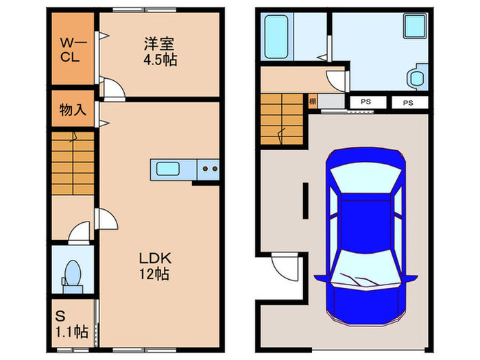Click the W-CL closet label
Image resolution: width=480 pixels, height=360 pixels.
[x=71, y=49]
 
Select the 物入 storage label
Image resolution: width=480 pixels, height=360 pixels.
[x=72, y=110]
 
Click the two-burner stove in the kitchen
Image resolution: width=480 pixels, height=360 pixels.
[x=208, y=167]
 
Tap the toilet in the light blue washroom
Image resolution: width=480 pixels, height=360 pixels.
[x=415, y=77]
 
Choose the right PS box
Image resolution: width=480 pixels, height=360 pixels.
[x=408, y=103]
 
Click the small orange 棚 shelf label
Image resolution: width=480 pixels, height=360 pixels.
[x=312, y=103]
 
